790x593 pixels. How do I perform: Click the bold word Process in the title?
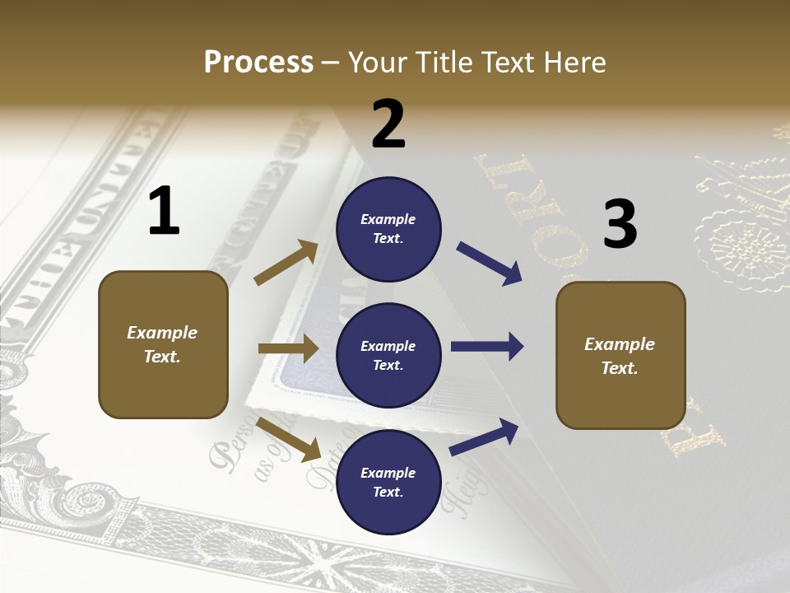(x=258, y=63)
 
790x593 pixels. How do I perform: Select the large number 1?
(x=164, y=212)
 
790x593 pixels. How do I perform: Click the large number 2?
(x=388, y=124)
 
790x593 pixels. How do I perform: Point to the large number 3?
(x=620, y=224)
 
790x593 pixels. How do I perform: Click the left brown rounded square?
(x=163, y=344)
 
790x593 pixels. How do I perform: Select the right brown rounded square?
(x=620, y=355)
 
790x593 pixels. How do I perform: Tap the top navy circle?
(x=388, y=229)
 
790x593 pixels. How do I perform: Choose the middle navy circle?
(x=388, y=355)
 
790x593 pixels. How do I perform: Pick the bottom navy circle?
(x=388, y=482)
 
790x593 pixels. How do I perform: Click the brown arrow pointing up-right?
(x=286, y=263)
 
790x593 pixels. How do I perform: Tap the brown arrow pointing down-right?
(x=289, y=438)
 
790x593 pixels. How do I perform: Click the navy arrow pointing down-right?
(x=489, y=264)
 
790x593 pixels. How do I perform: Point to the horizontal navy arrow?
(x=486, y=347)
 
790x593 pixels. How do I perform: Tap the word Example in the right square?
(x=620, y=344)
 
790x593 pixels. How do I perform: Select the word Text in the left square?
(x=161, y=357)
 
